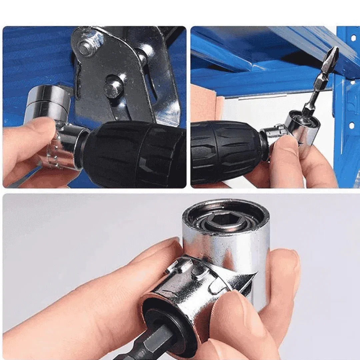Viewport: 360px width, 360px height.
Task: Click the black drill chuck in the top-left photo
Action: point(133,153)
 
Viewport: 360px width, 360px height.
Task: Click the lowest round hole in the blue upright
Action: point(351,126)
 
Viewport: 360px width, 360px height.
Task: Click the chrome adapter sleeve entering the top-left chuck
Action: point(72,147)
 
